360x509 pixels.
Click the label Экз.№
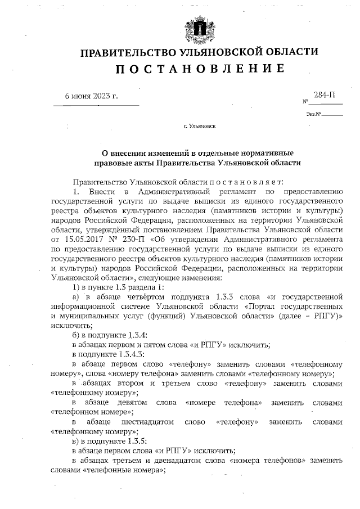click(x=314, y=114)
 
